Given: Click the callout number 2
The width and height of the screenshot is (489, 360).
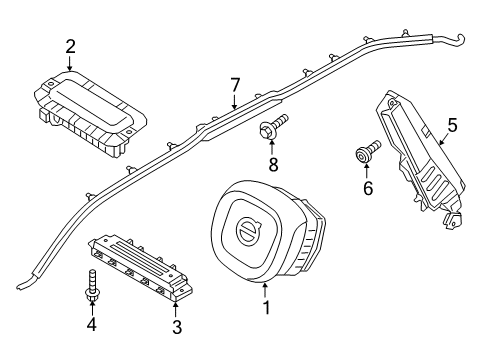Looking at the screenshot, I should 70,45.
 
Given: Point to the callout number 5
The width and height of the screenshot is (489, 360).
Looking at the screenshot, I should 451,125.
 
